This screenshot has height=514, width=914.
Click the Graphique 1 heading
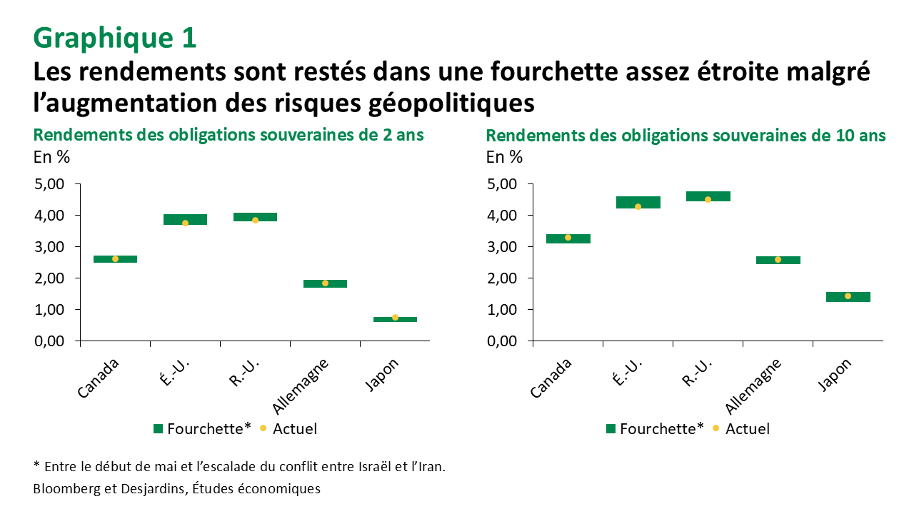115,38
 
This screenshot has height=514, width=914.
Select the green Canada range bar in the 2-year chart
115,259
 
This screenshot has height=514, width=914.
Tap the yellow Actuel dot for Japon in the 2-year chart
395,317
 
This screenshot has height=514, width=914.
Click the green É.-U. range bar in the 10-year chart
638,202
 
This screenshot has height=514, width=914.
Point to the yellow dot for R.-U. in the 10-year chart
708,199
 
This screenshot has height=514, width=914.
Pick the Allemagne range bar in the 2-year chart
325,283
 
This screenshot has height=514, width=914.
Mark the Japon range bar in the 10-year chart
848,297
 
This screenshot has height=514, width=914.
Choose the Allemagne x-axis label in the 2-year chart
303,386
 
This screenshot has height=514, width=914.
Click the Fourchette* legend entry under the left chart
202,429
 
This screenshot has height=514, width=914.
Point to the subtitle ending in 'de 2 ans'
228,136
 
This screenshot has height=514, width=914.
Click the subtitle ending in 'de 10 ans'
685,136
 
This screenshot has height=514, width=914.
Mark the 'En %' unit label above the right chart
504,157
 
